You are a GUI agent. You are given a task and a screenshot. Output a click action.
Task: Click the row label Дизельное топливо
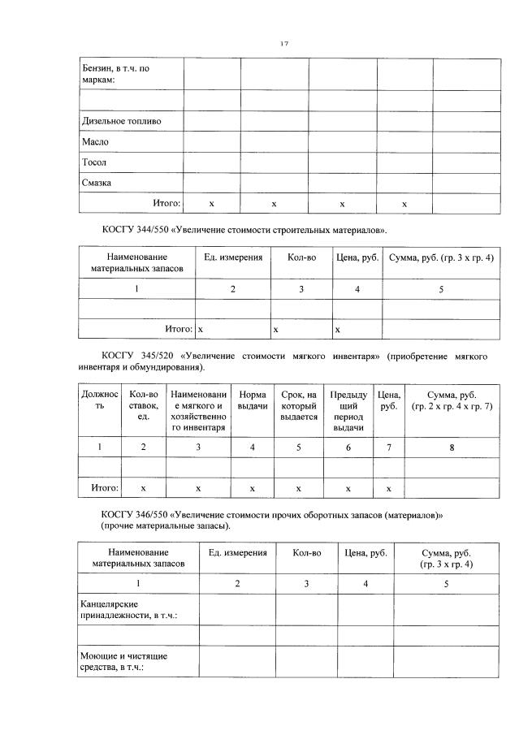click(x=121, y=121)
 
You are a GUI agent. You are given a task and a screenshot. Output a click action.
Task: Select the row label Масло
click(x=95, y=141)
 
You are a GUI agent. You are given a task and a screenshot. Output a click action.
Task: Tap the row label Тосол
click(x=94, y=162)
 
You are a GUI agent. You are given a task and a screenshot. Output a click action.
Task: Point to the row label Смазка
click(x=97, y=183)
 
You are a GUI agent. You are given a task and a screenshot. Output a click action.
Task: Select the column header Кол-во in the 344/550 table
click(x=301, y=257)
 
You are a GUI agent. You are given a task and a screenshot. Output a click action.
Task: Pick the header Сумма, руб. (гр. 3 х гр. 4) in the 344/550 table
click(x=441, y=257)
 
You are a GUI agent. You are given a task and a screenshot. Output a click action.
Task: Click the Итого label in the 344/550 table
click(x=178, y=329)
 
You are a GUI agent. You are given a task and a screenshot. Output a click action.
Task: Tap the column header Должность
click(x=99, y=400)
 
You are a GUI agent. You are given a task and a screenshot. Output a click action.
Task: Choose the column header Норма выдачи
click(x=253, y=400)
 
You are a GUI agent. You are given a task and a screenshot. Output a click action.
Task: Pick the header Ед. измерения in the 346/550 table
click(x=237, y=552)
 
